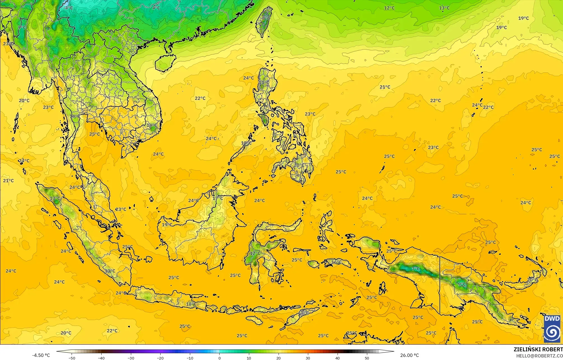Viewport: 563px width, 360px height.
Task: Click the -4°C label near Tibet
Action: coord(68,8)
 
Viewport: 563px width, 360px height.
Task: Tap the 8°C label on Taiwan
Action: coord(266,18)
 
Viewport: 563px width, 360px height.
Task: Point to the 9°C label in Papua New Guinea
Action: coord(462,284)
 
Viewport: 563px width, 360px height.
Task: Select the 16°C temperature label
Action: coord(337,262)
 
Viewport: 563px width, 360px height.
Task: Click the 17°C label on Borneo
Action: coord(218,198)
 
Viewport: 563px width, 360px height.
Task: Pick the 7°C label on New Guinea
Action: coord(416,269)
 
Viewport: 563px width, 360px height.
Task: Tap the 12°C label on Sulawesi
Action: coord(255,253)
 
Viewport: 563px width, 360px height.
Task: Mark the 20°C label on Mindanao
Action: coord(299,165)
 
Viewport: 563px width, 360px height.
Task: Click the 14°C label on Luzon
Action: coord(264,83)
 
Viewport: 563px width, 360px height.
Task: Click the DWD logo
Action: coord(552,328)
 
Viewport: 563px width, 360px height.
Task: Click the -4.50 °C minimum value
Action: coord(41,355)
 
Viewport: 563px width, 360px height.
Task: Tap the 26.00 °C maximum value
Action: coord(409,355)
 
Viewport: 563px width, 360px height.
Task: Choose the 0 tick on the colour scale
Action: coord(219,358)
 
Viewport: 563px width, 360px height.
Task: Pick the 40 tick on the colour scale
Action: coord(338,358)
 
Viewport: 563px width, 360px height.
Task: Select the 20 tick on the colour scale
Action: coord(279,358)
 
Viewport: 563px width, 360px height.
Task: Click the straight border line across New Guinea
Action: coord(440,285)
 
